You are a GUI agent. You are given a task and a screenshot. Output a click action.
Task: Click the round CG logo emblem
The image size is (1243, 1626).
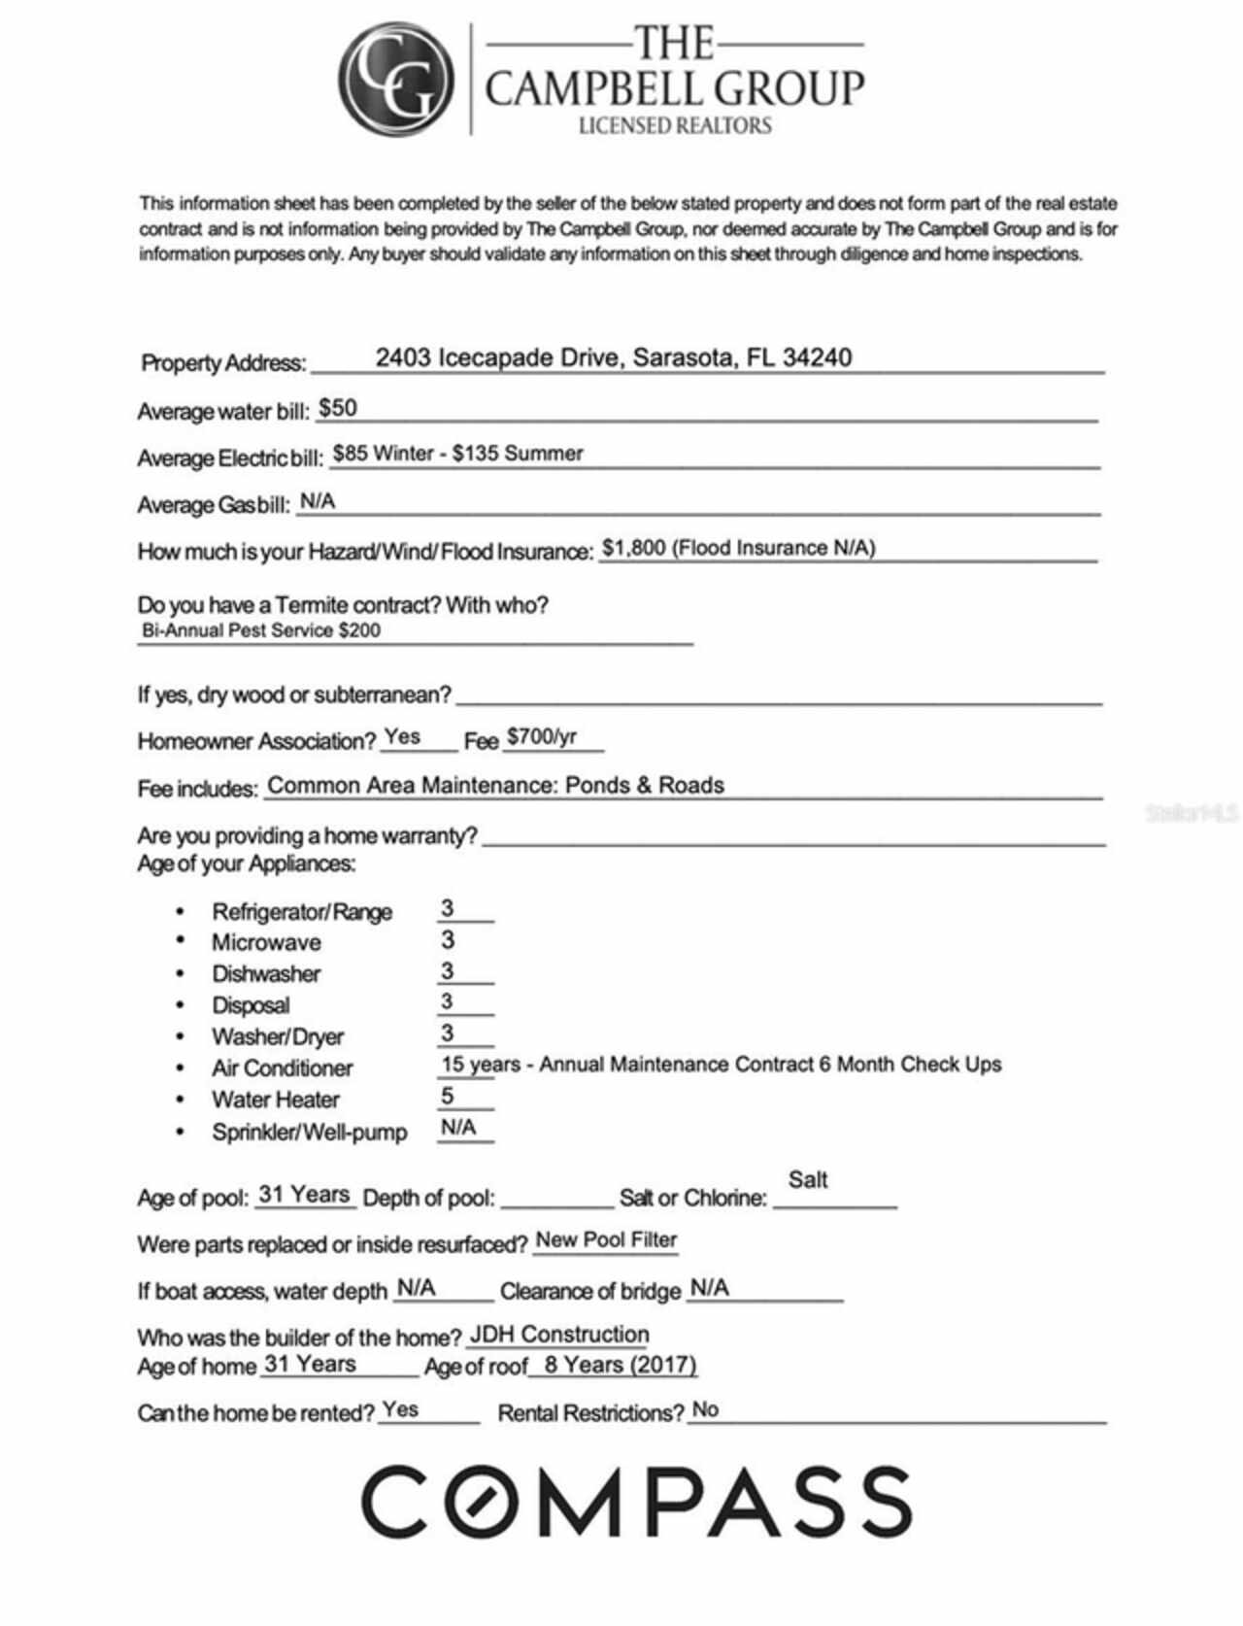pos(396,80)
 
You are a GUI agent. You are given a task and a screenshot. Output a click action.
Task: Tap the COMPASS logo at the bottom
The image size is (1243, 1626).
pos(636,1501)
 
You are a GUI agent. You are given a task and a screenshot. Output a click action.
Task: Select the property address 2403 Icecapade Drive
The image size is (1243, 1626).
pos(613,357)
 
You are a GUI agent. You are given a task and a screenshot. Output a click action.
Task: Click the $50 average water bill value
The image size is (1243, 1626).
pos(338,408)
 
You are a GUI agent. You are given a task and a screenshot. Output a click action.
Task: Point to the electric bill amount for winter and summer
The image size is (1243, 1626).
pos(457,454)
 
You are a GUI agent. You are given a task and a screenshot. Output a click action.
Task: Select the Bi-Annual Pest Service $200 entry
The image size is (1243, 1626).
pos(260,630)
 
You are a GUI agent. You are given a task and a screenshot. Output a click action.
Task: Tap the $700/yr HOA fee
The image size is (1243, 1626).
pos(542,736)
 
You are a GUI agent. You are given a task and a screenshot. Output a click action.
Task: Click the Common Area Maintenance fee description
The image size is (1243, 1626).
pos(495,785)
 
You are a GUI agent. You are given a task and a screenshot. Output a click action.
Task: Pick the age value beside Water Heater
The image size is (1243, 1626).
pos(447,1096)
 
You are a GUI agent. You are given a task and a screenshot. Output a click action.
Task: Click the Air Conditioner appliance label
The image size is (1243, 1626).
pos(282,1067)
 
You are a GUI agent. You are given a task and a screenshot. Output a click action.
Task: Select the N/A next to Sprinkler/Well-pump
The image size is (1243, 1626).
pos(458,1128)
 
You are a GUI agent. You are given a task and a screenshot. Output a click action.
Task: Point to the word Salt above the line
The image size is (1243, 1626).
pos(808,1179)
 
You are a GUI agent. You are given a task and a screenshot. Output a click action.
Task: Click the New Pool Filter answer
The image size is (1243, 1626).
pos(606,1239)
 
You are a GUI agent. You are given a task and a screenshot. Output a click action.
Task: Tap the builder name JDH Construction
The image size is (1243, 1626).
pos(558,1335)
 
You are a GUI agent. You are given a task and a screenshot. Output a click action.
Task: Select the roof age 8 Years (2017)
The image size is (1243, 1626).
pos(620,1365)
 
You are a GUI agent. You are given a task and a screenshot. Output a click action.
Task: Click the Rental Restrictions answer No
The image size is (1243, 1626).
pos(705,1409)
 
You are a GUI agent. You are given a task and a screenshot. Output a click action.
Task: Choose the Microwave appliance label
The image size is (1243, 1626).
pos(266,942)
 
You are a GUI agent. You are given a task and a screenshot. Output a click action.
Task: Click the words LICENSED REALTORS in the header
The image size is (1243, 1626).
pos(674,125)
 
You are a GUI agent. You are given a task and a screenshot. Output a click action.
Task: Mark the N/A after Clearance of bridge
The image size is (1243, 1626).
pos(709,1288)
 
